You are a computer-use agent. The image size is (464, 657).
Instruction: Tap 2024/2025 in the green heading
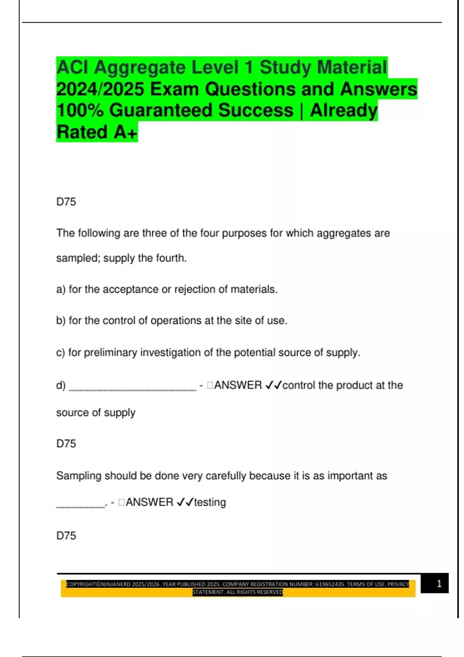click(100, 89)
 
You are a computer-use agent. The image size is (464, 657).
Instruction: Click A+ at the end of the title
click(125, 132)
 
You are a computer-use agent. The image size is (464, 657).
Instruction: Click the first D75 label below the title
click(66, 202)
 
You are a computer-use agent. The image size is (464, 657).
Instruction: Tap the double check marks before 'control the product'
click(273, 385)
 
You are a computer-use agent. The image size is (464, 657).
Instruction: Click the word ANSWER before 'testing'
click(149, 502)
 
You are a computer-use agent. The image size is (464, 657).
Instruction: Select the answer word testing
click(210, 502)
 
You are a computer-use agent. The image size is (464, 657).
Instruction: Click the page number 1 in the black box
click(439, 584)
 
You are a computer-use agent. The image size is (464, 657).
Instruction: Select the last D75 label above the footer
click(66, 536)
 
